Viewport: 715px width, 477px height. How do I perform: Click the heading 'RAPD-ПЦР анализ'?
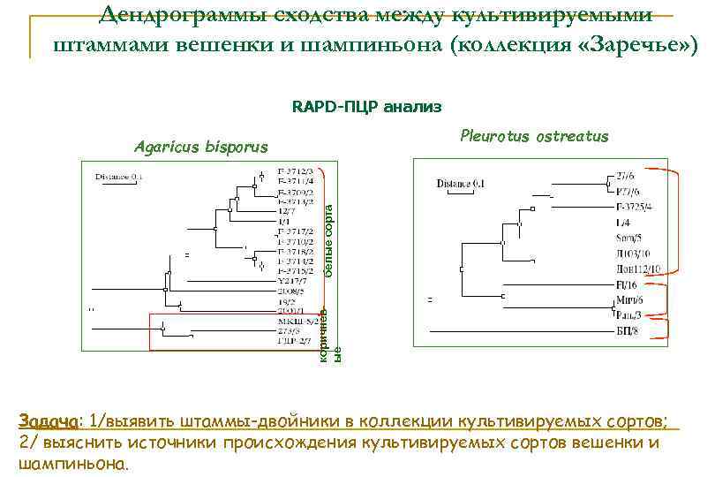(366, 107)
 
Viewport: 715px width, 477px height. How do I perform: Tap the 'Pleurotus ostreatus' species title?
(534, 135)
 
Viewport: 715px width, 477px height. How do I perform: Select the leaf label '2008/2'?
(291, 289)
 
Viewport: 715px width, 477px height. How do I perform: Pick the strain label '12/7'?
(287, 212)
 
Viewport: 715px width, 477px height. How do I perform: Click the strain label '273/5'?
(290, 330)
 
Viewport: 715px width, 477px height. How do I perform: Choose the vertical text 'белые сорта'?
(327, 234)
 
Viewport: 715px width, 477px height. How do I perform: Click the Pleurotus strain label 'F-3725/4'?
(634, 207)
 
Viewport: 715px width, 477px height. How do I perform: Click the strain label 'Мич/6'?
(630, 300)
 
